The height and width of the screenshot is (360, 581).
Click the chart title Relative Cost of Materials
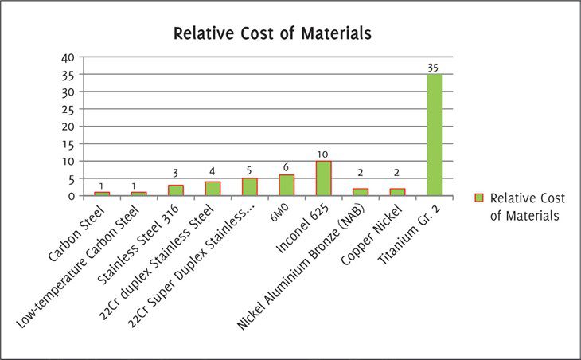pyautogui.click(x=273, y=34)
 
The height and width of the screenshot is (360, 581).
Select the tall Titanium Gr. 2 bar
pyautogui.click(x=434, y=135)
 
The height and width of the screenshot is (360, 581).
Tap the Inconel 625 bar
pyautogui.click(x=323, y=178)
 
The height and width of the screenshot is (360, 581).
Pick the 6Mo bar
pyautogui.click(x=287, y=185)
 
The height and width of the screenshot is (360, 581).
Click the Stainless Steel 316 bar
pyautogui.click(x=175, y=190)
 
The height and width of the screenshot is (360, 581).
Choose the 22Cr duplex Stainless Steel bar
pyautogui.click(x=213, y=189)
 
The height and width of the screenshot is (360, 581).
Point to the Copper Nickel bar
pyautogui.click(x=397, y=192)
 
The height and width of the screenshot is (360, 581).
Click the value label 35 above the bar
pyautogui.click(x=434, y=68)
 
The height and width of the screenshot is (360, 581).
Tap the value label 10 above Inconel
pyautogui.click(x=323, y=155)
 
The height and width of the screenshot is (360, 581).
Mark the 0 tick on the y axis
pyautogui.click(x=72, y=196)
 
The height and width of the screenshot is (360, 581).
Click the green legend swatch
pyautogui.click(x=478, y=198)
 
